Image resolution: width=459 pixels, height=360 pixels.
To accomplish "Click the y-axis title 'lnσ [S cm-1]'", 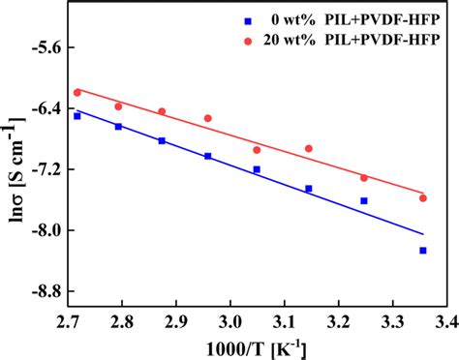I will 14,169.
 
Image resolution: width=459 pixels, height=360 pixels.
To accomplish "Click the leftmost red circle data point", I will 76,92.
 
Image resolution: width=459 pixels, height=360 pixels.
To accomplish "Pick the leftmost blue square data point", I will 76,115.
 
